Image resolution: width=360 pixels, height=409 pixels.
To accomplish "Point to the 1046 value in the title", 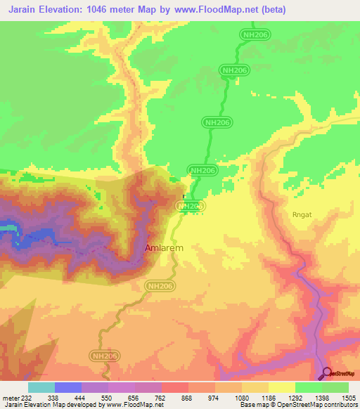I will pos(96,9).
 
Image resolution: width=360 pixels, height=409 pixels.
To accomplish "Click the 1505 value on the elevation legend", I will pos(349,398).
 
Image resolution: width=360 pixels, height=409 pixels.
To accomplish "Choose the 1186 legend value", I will pos(264,398).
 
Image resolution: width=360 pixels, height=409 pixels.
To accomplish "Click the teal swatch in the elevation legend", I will pos(41,387).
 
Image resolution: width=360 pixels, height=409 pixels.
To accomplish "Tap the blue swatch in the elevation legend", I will pos(68,387).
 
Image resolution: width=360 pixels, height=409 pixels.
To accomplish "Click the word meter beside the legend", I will pos(8,398).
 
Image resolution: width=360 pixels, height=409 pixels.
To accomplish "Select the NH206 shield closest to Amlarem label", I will pos(160,286).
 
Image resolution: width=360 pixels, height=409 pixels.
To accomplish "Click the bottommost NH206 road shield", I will pos(103,357).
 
